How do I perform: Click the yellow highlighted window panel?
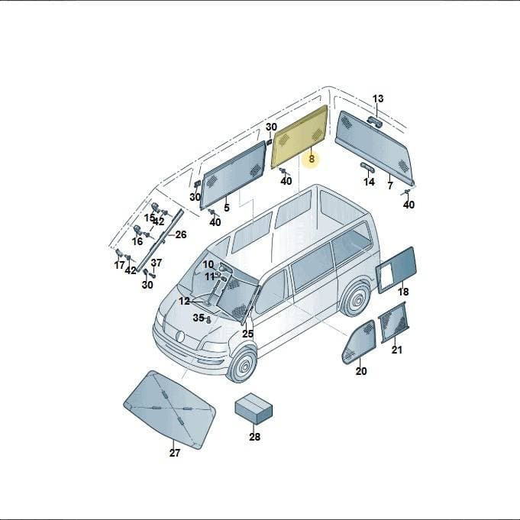pyautogui.click(x=299, y=137)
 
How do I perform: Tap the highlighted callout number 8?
pyautogui.click(x=312, y=159)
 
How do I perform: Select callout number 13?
pyautogui.click(x=378, y=99)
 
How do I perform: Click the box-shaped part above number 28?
pyautogui.click(x=254, y=409)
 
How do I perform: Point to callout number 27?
pyautogui.click(x=174, y=453)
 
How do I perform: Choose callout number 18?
pyautogui.click(x=403, y=292)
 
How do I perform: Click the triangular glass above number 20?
pyautogui.click(x=359, y=342)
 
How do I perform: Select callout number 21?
pyautogui.click(x=396, y=350)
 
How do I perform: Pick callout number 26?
pyautogui.click(x=181, y=234)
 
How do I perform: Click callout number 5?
pyautogui.click(x=227, y=208)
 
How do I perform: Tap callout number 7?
pyautogui.click(x=390, y=186)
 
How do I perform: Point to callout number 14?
pyautogui.click(x=369, y=182)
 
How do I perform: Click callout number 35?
pyautogui.click(x=199, y=318)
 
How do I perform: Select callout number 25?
pyautogui.click(x=247, y=334)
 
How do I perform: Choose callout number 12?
pyautogui.click(x=184, y=301)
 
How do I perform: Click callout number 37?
pyautogui.click(x=157, y=263)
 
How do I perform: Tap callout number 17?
pyautogui.click(x=119, y=265)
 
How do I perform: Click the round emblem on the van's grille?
pyautogui.click(x=179, y=336)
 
